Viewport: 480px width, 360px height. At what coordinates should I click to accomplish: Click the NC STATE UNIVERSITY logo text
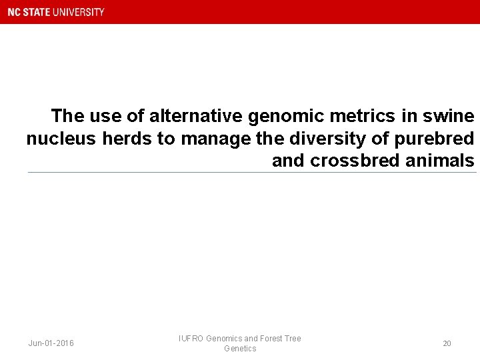56,12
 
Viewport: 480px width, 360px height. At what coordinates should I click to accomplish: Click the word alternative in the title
197,116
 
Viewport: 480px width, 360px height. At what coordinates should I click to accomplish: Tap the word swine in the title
448,116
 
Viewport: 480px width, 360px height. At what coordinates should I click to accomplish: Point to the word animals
435,161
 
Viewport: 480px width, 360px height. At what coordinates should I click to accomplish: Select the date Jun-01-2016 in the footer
51,343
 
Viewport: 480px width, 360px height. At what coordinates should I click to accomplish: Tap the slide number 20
447,343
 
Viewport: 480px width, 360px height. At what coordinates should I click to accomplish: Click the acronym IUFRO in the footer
191,339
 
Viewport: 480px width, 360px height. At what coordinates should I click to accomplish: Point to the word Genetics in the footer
240,349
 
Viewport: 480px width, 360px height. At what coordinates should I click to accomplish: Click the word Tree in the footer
293,339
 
